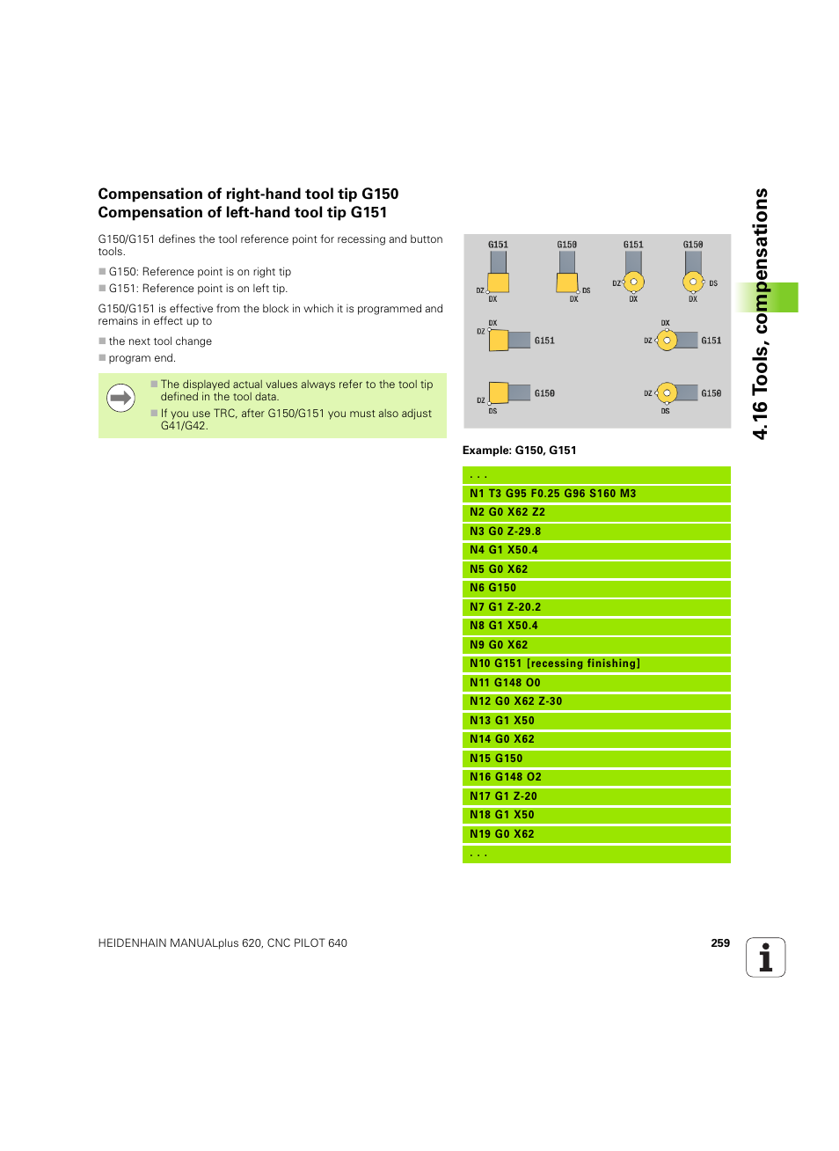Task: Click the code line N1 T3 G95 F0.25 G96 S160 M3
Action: click(x=552, y=494)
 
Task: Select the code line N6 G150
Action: click(x=492, y=588)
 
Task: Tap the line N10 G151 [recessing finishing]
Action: click(x=554, y=663)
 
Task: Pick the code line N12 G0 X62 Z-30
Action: click(x=515, y=701)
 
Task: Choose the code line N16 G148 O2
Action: click(x=505, y=777)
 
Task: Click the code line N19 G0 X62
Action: click(x=501, y=834)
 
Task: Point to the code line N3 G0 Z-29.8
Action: click(x=505, y=532)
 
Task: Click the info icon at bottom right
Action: click(x=765, y=957)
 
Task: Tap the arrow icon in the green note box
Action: click(x=120, y=399)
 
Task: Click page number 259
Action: click(x=720, y=943)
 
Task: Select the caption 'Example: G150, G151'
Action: click(x=519, y=451)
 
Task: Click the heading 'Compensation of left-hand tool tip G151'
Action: click(x=242, y=213)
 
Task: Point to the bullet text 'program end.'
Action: click(x=142, y=358)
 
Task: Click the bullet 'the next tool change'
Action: click(x=160, y=341)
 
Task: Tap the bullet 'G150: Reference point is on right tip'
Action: click(x=200, y=272)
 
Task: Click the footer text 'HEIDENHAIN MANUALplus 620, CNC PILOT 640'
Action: click(x=223, y=943)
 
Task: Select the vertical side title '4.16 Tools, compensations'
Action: click(x=761, y=313)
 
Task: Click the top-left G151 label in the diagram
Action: click(x=498, y=245)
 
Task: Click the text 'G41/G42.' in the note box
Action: click(x=184, y=426)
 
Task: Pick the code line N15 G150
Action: click(x=496, y=759)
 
